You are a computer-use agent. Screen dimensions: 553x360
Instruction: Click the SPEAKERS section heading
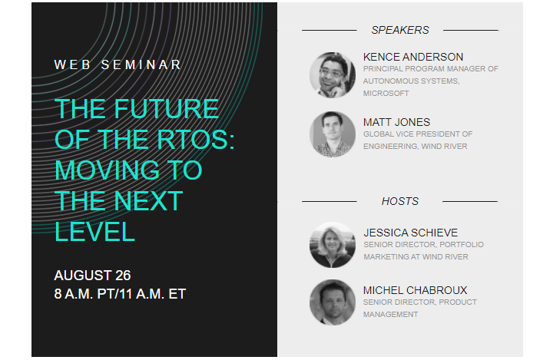pos(400,31)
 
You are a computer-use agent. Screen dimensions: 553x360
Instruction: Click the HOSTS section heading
pos(400,201)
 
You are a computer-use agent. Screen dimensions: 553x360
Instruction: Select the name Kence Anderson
pos(413,57)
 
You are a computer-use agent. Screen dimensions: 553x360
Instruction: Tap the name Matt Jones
pos(397,122)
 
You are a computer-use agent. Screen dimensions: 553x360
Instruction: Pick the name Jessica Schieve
pos(410,233)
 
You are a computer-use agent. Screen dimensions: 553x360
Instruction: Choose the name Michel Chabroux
pos(415,291)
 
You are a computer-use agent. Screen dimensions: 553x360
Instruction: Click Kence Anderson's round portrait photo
pos(333,75)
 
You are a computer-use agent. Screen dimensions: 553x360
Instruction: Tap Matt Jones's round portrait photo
pos(333,134)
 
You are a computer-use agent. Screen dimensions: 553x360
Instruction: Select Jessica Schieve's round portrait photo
pos(333,245)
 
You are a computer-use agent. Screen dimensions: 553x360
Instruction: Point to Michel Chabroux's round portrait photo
pos(333,302)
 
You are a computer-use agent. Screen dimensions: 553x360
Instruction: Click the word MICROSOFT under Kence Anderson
pos(386,94)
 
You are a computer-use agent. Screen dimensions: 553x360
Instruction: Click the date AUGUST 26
pos(92,276)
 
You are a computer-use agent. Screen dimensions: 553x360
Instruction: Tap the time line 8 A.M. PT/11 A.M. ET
pos(120,294)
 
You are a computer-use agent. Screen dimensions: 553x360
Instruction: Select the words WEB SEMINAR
pos(118,65)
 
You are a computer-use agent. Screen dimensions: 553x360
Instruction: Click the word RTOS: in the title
pos(196,140)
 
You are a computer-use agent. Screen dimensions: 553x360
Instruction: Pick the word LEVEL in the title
pos(95,232)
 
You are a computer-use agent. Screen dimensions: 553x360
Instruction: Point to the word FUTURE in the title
pos(166,108)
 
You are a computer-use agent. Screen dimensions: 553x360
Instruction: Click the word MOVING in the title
pos(108,170)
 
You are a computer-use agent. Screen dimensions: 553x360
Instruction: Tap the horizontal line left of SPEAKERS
pos(329,31)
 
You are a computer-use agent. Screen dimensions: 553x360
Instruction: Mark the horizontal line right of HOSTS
pos(470,202)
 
